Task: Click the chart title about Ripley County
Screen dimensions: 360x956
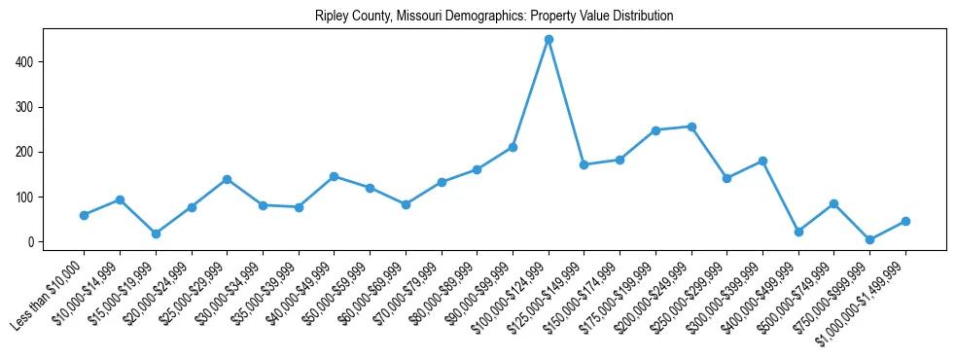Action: pos(494,17)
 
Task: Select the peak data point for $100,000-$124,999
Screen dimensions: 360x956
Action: pos(549,40)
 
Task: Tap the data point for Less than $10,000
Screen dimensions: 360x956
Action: pos(84,215)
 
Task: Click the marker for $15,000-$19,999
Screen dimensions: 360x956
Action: pos(156,234)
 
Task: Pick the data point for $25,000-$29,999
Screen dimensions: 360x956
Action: pos(227,179)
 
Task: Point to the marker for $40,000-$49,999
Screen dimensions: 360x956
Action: pos(334,176)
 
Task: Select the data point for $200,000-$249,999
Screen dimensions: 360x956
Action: pos(691,126)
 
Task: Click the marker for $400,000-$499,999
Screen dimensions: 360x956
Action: pos(798,232)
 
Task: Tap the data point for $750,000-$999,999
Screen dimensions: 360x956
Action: pos(869,239)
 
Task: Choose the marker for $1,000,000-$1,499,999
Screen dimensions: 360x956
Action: pos(905,221)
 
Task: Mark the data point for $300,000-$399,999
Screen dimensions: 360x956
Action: pos(762,161)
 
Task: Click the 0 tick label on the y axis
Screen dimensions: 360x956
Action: pos(32,242)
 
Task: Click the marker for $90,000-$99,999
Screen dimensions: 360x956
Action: pos(513,147)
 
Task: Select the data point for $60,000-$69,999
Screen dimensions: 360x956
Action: pos(406,204)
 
